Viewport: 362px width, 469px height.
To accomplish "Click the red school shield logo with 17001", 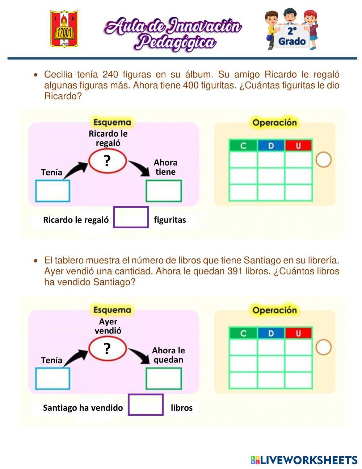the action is click(64, 29).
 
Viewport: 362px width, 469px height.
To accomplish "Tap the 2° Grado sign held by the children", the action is click(292, 36).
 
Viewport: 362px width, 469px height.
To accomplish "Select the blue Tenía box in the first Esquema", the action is click(52, 191).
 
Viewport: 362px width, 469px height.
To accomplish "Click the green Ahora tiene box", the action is click(164, 191).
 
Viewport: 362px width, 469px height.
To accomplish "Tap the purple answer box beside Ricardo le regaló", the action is click(131, 217).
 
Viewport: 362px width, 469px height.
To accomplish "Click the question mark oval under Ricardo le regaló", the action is click(108, 160).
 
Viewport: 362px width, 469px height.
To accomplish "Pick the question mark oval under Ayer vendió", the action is click(108, 348).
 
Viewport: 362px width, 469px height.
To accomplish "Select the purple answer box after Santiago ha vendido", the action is click(146, 404).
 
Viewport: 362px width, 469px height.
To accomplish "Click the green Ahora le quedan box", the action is click(164, 379).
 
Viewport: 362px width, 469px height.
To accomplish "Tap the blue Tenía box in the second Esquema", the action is click(52, 379).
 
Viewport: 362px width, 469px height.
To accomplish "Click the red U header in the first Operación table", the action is click(298, 146).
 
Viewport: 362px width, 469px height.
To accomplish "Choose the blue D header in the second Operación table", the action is click(271, 333).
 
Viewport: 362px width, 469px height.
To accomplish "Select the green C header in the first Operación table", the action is click(243, 146).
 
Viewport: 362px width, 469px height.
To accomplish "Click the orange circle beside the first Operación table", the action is click(323, 159).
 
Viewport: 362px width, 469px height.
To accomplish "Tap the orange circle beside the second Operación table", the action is click(323, 347).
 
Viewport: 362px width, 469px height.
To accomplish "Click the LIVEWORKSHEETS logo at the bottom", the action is click(304, 460).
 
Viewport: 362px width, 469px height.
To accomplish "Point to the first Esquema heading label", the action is click(112, 122).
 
